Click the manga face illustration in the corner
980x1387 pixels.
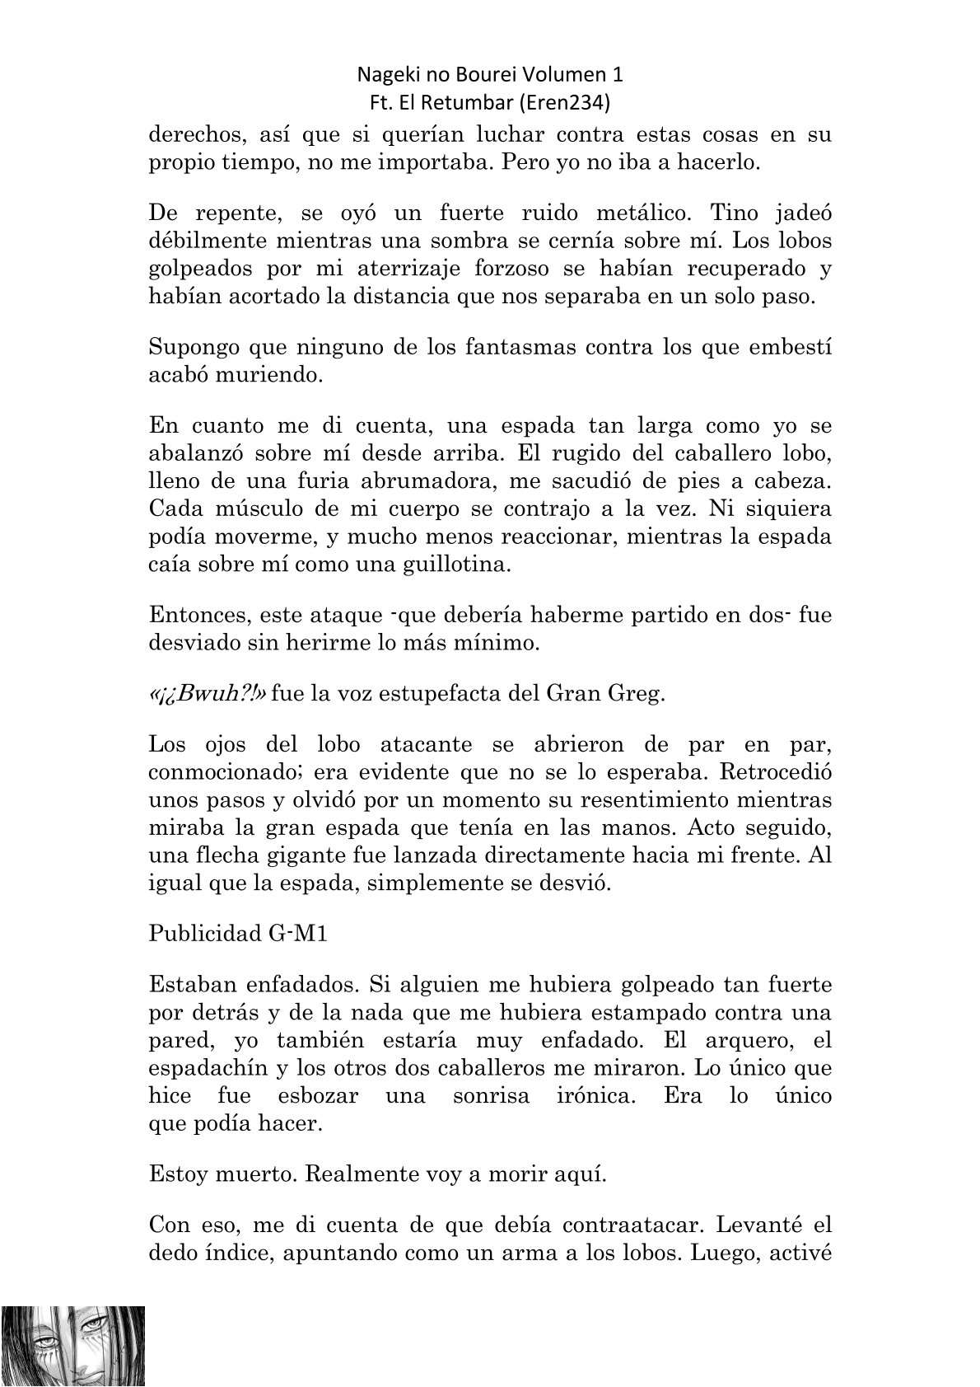point(73,1345)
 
